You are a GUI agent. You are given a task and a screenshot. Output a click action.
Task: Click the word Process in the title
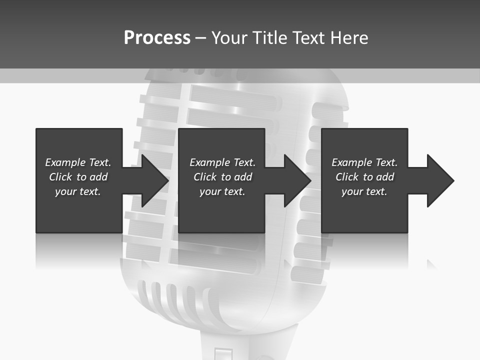[x=157, y=37]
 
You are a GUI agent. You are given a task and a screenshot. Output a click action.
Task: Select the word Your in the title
[x=229, y=37]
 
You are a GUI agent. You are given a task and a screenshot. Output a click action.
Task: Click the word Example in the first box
[x=65, y=162]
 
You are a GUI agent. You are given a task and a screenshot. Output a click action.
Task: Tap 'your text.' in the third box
[x=364, y=191]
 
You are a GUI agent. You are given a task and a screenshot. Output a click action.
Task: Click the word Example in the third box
[x=351, y=162]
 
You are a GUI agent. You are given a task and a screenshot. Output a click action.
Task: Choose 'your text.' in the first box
[x=77, y=191]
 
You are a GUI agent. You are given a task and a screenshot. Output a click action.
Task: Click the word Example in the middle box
[x=209, y=162]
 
